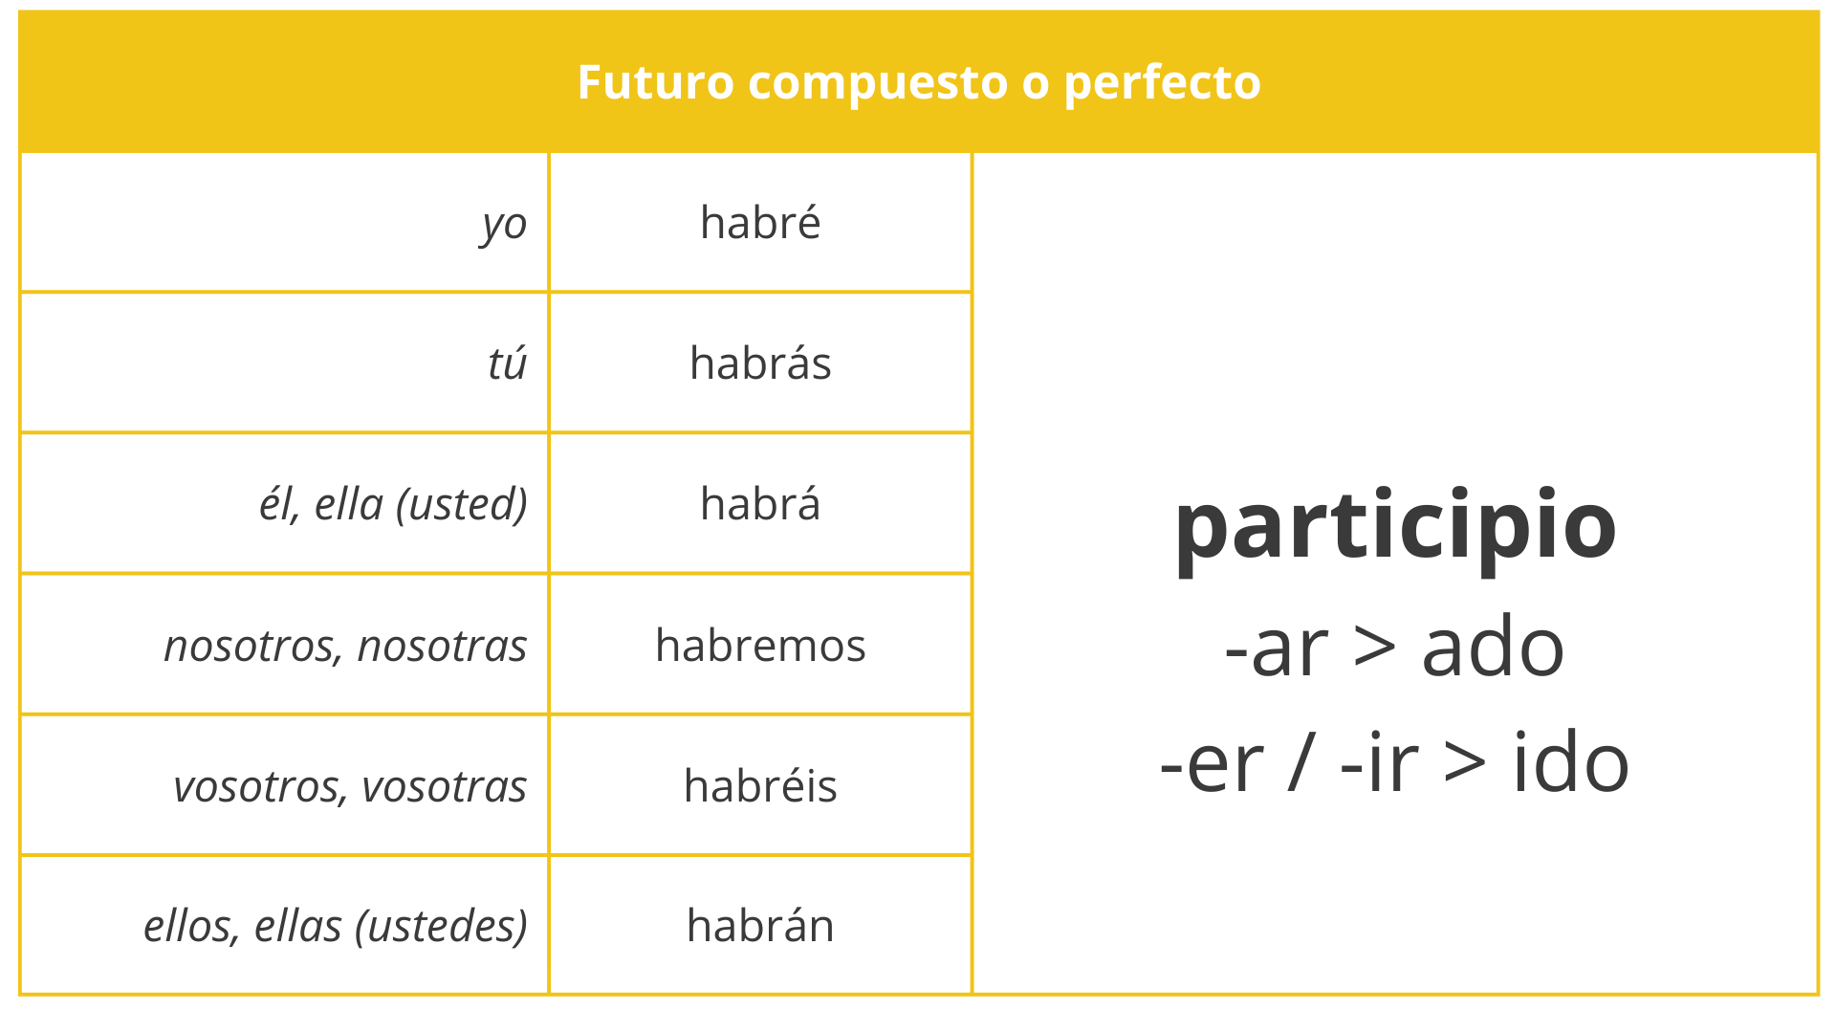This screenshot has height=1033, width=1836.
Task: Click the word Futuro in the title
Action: pyautogui.click(x=655, y=82)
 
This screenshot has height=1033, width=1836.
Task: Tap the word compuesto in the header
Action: pyautogui.click(x=878, y=82)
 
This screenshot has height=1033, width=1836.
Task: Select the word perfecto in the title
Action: pyautogui.click(x=1162, y=82)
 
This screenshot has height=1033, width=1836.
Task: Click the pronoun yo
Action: pyautogui.click(x=504, y=224)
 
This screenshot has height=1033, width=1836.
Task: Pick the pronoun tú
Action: pyautogui.click(x=507, y=364)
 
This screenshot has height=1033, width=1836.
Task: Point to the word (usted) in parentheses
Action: pyautogui.click(x=462, y=505)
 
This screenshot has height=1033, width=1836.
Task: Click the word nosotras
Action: pyautogui.click(x=442, y=646)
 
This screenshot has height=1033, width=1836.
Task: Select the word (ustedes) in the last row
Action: pyautogui.click(x=441, y=927)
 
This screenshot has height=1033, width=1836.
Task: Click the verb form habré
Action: pyautogui.click(x=760, y=223)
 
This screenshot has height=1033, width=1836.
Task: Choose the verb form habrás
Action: pyautogui.click(x=760, y=363)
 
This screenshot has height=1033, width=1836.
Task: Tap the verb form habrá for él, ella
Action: pyautogui.click(x=760, y=504)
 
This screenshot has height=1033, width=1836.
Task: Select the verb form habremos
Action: pyautogui.click(x=760, y=646)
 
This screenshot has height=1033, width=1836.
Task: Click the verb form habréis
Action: pyautogui.click(x=760, y=786)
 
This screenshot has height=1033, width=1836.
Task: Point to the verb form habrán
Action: pyautogui.click(x=760, y=926)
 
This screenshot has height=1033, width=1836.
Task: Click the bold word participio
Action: pyautogui.click(x=1394, y=526)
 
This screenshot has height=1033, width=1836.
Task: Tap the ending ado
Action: pyautogui.click(x=1493, y=648)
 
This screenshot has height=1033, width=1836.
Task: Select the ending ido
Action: pyautogui.click(x=1570, y=763)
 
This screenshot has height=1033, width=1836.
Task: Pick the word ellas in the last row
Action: pyautogui.click(x=298, y=927)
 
